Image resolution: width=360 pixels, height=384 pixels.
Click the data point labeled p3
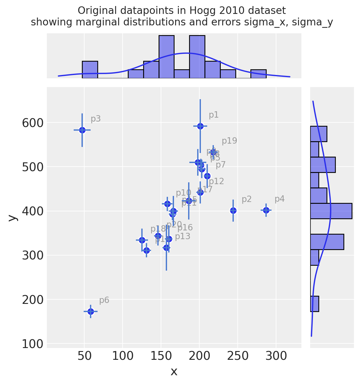(82, 130)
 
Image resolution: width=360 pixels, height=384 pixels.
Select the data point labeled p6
(91, 311)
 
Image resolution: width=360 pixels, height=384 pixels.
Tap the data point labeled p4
(266, 210)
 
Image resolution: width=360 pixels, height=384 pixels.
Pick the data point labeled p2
(233, 210)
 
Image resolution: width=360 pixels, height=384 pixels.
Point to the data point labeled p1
(200, 126)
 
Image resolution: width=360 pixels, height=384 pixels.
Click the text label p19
(229, 141)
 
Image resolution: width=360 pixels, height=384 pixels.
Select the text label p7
(220, 165)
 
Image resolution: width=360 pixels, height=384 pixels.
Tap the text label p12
(216, 181)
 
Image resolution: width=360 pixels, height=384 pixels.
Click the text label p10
(183, 193)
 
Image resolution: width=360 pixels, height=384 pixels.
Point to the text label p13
(182, 237)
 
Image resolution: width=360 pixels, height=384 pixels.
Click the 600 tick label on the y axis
(33, 123)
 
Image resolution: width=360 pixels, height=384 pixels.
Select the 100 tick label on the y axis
(33, 344)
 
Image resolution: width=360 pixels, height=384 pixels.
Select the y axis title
(12, 218)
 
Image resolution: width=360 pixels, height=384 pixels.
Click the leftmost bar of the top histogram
(90, 70)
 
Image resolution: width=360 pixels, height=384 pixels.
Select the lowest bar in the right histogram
(314, 304)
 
